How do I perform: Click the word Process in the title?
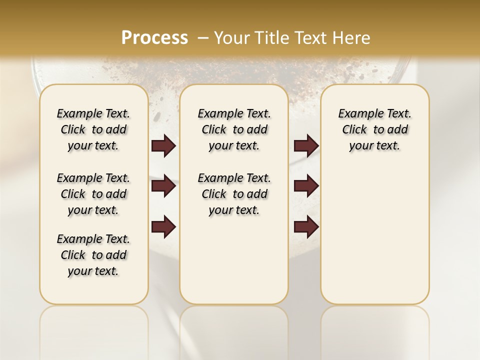pyautogui.click(x=154, y=37)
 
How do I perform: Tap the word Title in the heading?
pyautogui.click(x=272, y=37)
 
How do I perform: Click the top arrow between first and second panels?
pyautogui.click(x=163, y=145)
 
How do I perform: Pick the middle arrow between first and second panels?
pyautogui.click(x=163, y=186)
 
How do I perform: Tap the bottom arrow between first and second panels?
pyautogui.click(x=163, y=227)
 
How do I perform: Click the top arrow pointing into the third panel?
pyautogui.click(x=306, y=145)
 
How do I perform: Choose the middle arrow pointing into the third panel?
pyautogui.click(x=306, y=186)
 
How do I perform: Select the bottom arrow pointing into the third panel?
pyautogui.click(x=306, y=227)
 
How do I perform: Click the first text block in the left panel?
pyautogui.click(x=93, y=129)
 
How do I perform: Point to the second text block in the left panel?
pyautogui.click(x=93, y=194)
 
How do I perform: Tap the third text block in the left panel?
pyautogui.click(x=93, y=255)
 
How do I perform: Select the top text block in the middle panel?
pyautogui.click(x=234, y=129)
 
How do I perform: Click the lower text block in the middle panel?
pyautogui.click(x=234, y=194)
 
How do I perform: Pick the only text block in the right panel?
pyautogui.click(x=374, y=129)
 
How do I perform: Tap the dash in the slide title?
pyautogui.click(x=203, y=37)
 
